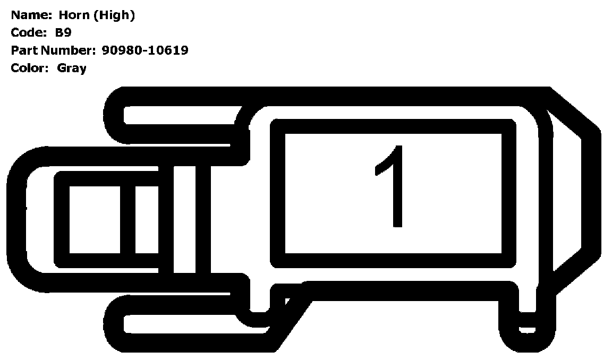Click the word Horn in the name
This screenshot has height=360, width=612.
coord(74,15)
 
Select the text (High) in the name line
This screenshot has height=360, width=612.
coord(114,15)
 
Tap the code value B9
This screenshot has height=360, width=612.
coord(64,33)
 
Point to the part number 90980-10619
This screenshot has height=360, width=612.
coord(144,50)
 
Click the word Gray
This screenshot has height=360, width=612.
coord(72,68)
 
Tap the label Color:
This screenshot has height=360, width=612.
coord(30,68)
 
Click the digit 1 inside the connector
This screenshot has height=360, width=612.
coord(393,186)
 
